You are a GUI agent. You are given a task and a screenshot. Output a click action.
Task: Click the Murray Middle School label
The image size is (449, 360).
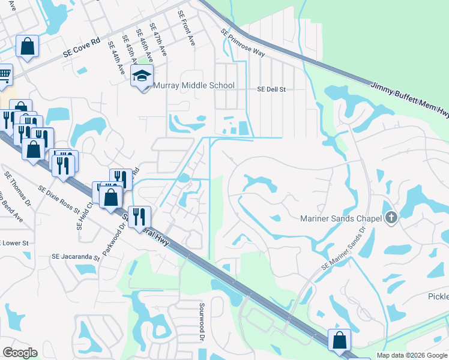coord(194,86)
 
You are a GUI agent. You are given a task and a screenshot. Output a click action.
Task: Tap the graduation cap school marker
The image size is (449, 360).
coord(142,76)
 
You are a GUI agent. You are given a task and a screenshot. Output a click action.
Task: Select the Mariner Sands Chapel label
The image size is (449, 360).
coord(341,218)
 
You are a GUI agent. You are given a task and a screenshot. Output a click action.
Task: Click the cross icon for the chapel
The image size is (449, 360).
coord(391,218)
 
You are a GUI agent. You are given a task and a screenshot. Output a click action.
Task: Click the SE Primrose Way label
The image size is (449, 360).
coord(243,43)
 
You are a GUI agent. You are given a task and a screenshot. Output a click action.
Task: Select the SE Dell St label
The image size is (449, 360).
coord(271,89)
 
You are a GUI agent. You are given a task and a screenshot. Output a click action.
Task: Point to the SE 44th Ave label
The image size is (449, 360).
coord(116,58)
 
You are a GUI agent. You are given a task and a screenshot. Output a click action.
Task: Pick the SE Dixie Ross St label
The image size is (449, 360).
coord(59,199)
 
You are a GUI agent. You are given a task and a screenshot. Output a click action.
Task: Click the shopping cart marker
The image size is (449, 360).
coord(4,75)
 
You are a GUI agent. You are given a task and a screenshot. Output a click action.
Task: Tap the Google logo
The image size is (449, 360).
coord(20,353)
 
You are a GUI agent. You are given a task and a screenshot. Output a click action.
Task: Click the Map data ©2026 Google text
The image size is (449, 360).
coord(412,355)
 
